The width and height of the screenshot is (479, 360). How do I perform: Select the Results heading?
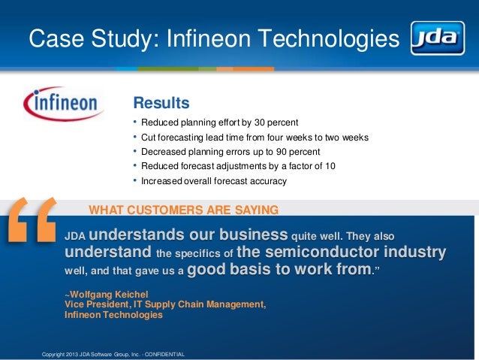pos(161,103)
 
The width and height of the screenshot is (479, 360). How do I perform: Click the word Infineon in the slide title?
pos(228,38)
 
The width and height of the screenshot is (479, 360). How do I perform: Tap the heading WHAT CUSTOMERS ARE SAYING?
pos(184,209)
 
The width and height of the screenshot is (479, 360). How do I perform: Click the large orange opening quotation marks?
pos(35,220)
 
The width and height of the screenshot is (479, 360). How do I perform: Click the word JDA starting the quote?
pos(75,234)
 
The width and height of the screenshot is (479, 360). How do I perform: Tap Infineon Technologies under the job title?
pos(113,316)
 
